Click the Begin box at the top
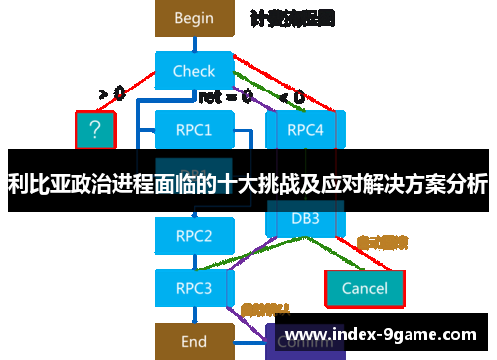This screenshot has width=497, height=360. pyautogui.click(x=193, y=17)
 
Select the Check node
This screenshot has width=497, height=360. pyautogui.click(x=193, y=71)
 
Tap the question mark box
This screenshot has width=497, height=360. pyautogui.click(x=95, y=129)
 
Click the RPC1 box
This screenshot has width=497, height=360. pyautogui.click(x=193, y=129)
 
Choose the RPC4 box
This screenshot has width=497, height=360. pyautogui.click(x=304, y=129)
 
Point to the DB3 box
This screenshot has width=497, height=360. pyautogui.click(x=304, y=217)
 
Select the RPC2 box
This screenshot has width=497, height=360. pyautogui.click(x=193, y=236)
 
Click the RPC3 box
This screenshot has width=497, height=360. pyautogui.click(x=193, y=288)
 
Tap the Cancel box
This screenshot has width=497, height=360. pyautogui.click(x=364, y=288)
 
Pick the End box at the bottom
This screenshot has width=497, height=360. pyautogui.click(x=193, y=341)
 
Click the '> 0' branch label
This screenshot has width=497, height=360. pyautogui.click(x=112, y=94)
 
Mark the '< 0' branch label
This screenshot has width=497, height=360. pyautogui.click(x=292, y=96)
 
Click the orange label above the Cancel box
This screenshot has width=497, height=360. pyautogui.click(x=382, y=241)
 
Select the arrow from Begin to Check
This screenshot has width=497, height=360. pyautogui.click(x=193, y=43)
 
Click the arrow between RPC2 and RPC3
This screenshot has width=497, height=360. pyautogui.click(x=193, y=262)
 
